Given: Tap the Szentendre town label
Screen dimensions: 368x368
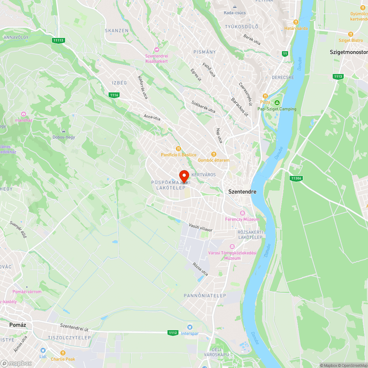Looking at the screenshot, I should (x=242, y=192).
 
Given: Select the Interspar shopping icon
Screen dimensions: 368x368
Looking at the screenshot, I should (x=190, y=327).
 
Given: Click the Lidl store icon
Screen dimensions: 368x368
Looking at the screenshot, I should (x=43, y=351).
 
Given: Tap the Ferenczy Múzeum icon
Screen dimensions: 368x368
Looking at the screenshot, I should (x=243, y=213).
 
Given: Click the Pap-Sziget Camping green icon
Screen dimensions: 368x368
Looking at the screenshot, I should (x=277, y=102).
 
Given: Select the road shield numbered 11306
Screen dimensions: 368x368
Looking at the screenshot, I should (x=296, y=178).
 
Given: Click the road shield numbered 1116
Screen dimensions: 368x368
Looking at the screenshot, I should (x=114, y=95).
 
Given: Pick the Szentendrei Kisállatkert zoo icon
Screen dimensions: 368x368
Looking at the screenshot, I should (x=157, y=50).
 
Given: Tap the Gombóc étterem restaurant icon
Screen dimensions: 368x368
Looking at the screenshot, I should (x=213, y=154).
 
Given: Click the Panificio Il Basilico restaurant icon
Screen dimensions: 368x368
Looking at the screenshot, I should (x=178, y=149).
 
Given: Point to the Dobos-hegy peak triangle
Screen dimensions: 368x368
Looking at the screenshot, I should (x=64, y=131).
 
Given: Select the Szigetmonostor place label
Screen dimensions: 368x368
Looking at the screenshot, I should (x=348, y=53).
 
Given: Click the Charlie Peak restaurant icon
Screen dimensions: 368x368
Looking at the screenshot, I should (x=63, y=353).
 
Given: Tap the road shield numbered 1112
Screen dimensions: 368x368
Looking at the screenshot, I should (x=173, y=333).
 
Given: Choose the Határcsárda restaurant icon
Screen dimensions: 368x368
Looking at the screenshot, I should (x=296, y=22).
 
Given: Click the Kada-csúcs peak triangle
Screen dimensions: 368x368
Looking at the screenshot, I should (x=235, y=7).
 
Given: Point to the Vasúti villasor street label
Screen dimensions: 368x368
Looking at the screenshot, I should (x=201, y=227).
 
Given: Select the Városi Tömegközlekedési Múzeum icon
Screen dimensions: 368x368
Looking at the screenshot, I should (x=232, y=246).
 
